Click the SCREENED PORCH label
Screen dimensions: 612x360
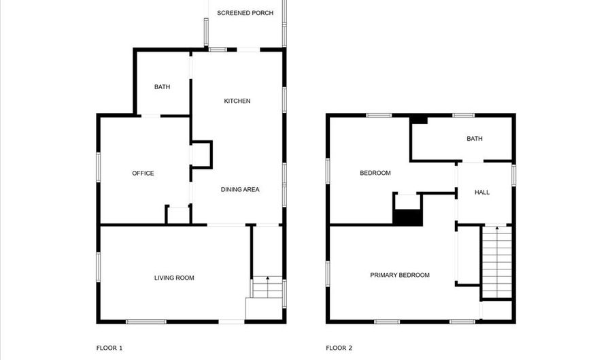point(245,13)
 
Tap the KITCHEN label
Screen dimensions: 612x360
point(237,101)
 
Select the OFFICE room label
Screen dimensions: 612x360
point(143,173)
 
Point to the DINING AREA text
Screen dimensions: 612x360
point(240,189)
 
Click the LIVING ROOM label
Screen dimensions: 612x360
point(174,278)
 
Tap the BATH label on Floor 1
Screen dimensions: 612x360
point(162,86)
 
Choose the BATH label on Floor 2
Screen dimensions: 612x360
point(475,138)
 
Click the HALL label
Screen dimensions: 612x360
point(482,192)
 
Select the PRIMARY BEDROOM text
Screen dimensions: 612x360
point(400,275)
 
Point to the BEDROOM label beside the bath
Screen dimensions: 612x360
point(375,173)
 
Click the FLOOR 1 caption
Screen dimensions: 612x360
point(109,348)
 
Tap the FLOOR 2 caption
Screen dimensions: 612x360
point(339,348)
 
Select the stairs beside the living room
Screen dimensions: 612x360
point(267,287)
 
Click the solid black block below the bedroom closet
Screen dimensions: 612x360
point(407,218)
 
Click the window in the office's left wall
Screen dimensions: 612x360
point(99,167)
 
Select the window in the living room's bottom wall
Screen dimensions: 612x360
point(146,322)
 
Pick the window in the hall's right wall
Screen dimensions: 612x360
point(513,175)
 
